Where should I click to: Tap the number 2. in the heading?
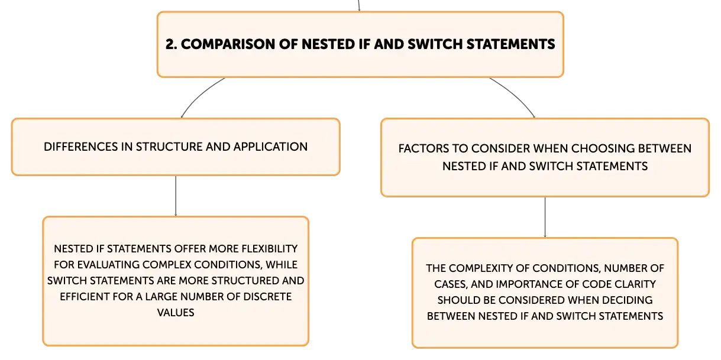tap(172, 44)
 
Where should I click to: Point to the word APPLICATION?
tap(270, 147)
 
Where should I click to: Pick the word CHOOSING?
tap(603, 148)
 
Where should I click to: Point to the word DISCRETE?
tap(267, 296)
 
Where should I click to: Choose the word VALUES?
tap(176, 312)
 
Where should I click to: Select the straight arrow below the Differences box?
tap(176, 196)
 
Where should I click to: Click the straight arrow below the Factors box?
tap(545, 217)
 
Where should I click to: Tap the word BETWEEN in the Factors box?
tap(665, 148)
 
